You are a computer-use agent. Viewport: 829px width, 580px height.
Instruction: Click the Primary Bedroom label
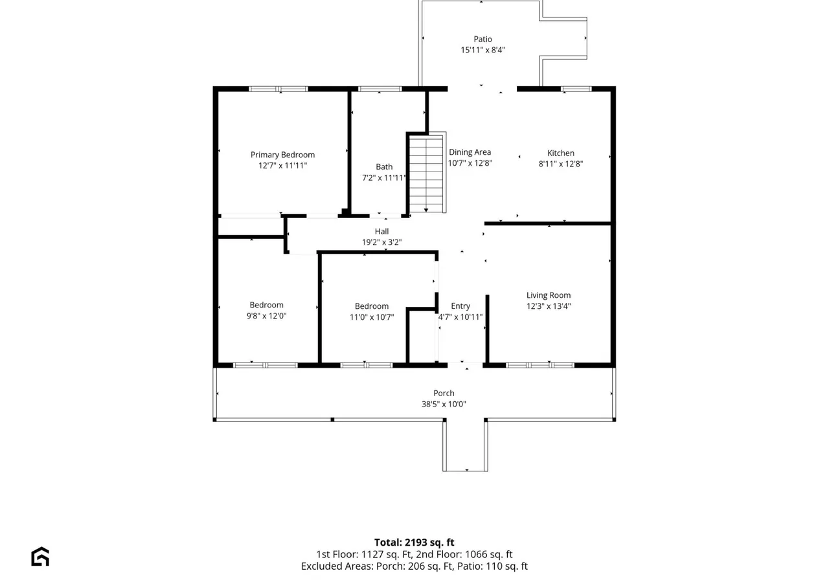pyautogui.click(x=282, y=155)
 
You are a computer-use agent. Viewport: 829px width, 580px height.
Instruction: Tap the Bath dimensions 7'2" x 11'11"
pyautogui.click(x=384, y=177)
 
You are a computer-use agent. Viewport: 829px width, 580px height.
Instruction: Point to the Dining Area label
pyautogui.click(x=470, y=152)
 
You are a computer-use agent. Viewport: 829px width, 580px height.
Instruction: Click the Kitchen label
pyautogui.click(x=561, y=153)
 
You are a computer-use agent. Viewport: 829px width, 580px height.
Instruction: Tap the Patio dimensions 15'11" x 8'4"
pyautogui.click(x=483, y=50)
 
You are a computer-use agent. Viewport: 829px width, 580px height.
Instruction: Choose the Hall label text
pyautogui.click(x=381, y=232)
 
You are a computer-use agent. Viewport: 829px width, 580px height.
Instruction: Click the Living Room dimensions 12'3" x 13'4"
pyautogui.click(x=549, y=306)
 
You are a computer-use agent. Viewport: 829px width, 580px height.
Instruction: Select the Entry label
pyautogui.click(x=460, y=306)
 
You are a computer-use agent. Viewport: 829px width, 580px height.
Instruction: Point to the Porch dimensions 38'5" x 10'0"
pyautogui.click(x=444, y=404)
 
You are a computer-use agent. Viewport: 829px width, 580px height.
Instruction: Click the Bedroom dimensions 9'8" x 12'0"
pyautogui.click(x=266, y=316)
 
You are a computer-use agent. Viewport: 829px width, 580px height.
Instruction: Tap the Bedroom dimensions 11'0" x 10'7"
pyautogui.click(x=372, y=317)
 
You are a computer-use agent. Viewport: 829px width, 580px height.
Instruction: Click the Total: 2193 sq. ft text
pyautogui.click(x=414, y=542)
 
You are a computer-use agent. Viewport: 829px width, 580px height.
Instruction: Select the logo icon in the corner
pyautogui.click(x=40, y=556)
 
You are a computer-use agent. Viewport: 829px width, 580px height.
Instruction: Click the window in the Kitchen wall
pyautogui.click(x=576, y=89)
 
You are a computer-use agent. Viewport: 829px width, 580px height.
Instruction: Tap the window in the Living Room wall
pyautogui.click(x=540, y=366)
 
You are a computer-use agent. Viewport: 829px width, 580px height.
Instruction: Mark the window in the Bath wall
pyautogui.click(x=380, y=89)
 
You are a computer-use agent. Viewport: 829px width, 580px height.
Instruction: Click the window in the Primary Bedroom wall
pyautogui.click(x=278, y=89)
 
